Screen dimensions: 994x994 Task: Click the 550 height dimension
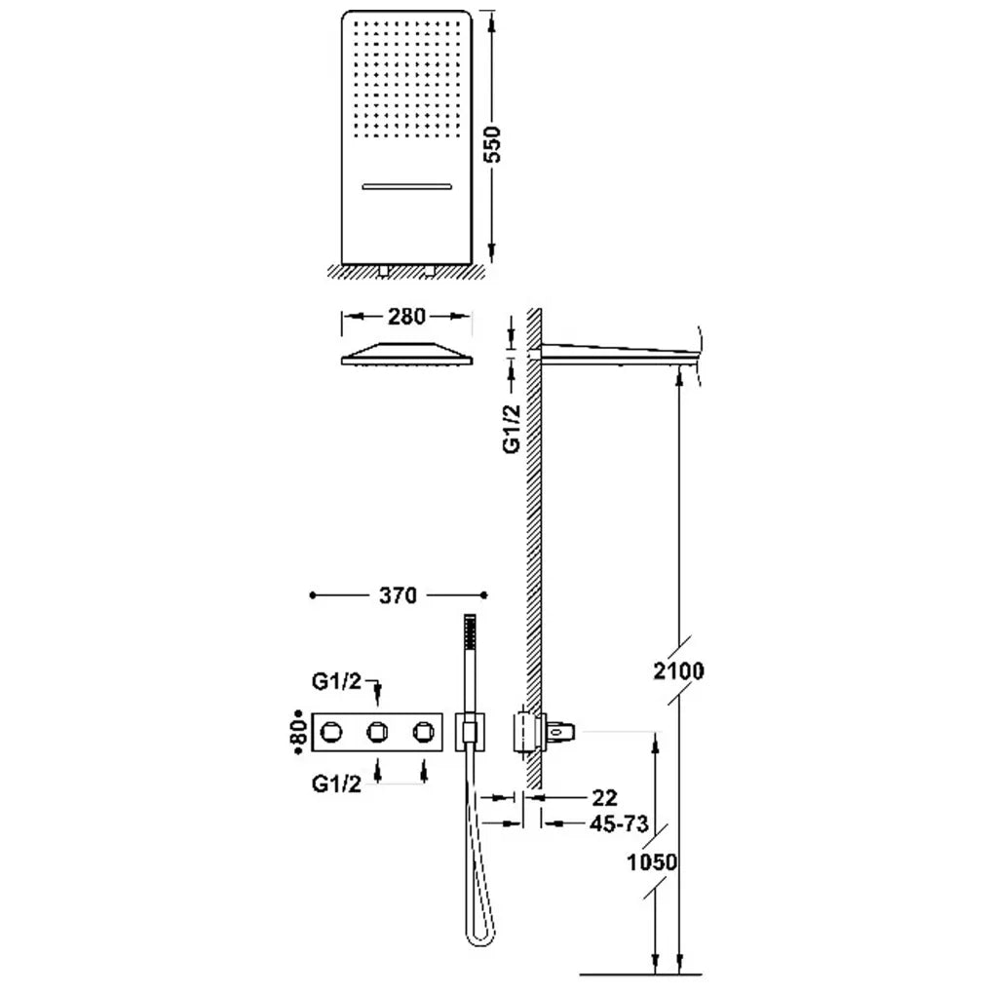click(492, 144)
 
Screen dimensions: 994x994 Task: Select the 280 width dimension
click(406, 316)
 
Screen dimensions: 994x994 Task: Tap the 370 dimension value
click(398, 595)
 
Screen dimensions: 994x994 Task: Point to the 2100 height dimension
click(678, 670)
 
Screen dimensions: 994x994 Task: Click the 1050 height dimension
click(652, 862)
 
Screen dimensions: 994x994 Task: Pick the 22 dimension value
click(603, 797)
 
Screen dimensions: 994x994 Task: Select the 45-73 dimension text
click(619, 824)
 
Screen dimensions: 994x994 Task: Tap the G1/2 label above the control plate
click(336, 681)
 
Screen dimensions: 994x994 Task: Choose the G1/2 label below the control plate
click(336, 784)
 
